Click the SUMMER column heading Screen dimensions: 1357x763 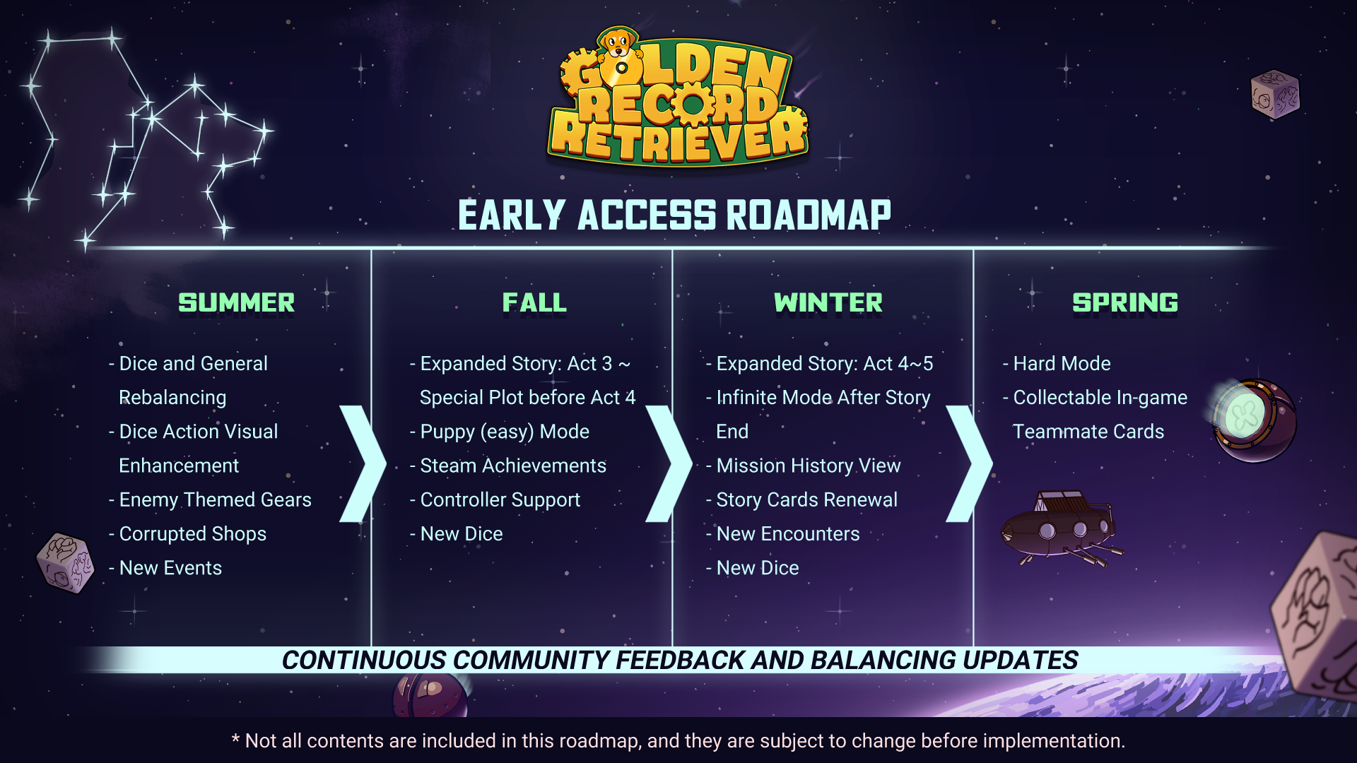(x=236, y=303)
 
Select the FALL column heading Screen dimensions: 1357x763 (x=534, y=303)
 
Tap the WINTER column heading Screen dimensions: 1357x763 (x=828, y=303)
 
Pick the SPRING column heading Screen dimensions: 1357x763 (x=1125, y=303)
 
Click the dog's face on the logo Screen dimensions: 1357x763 (x=618, y=44)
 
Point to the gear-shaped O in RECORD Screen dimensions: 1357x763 (x=693, y=105)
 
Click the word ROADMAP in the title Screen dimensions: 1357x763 (x=809, y=215)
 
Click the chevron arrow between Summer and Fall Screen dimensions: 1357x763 (x=363, y=463)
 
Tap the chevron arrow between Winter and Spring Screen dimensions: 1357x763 (x=970, y=463)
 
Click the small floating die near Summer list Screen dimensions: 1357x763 (x=66, y=563)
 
